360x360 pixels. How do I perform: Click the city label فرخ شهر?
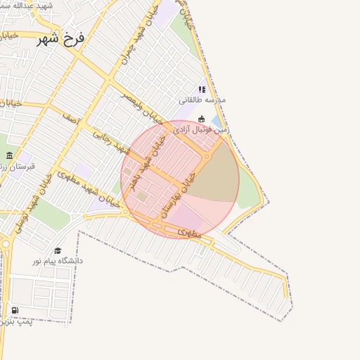[60, 38]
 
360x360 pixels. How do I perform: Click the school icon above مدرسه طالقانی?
[202, 89]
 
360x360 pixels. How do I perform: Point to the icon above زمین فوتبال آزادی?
[202, 119]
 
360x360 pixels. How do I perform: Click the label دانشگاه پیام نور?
[57, 261]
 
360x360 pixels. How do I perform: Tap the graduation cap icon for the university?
[58, 250]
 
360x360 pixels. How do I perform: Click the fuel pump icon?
[15, 310]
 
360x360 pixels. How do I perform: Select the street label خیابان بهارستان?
[178, 196]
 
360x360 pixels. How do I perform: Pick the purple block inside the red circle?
[186, 214]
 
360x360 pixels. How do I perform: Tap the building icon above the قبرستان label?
[9, 155]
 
